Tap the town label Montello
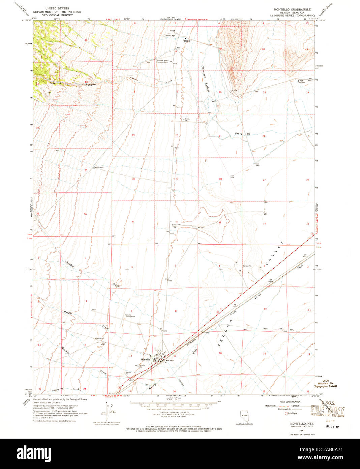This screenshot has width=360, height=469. [x=145, y=359]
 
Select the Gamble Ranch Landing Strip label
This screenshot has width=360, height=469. [x=162, y=61]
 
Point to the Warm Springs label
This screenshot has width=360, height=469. [x=301, y=81]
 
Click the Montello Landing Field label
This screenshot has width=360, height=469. [x=130, y=316]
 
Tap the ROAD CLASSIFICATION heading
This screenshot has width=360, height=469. [x=290, y=402]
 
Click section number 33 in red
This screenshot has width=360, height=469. [x=220, y=223]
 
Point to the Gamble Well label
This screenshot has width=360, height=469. [x=98, y=167]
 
